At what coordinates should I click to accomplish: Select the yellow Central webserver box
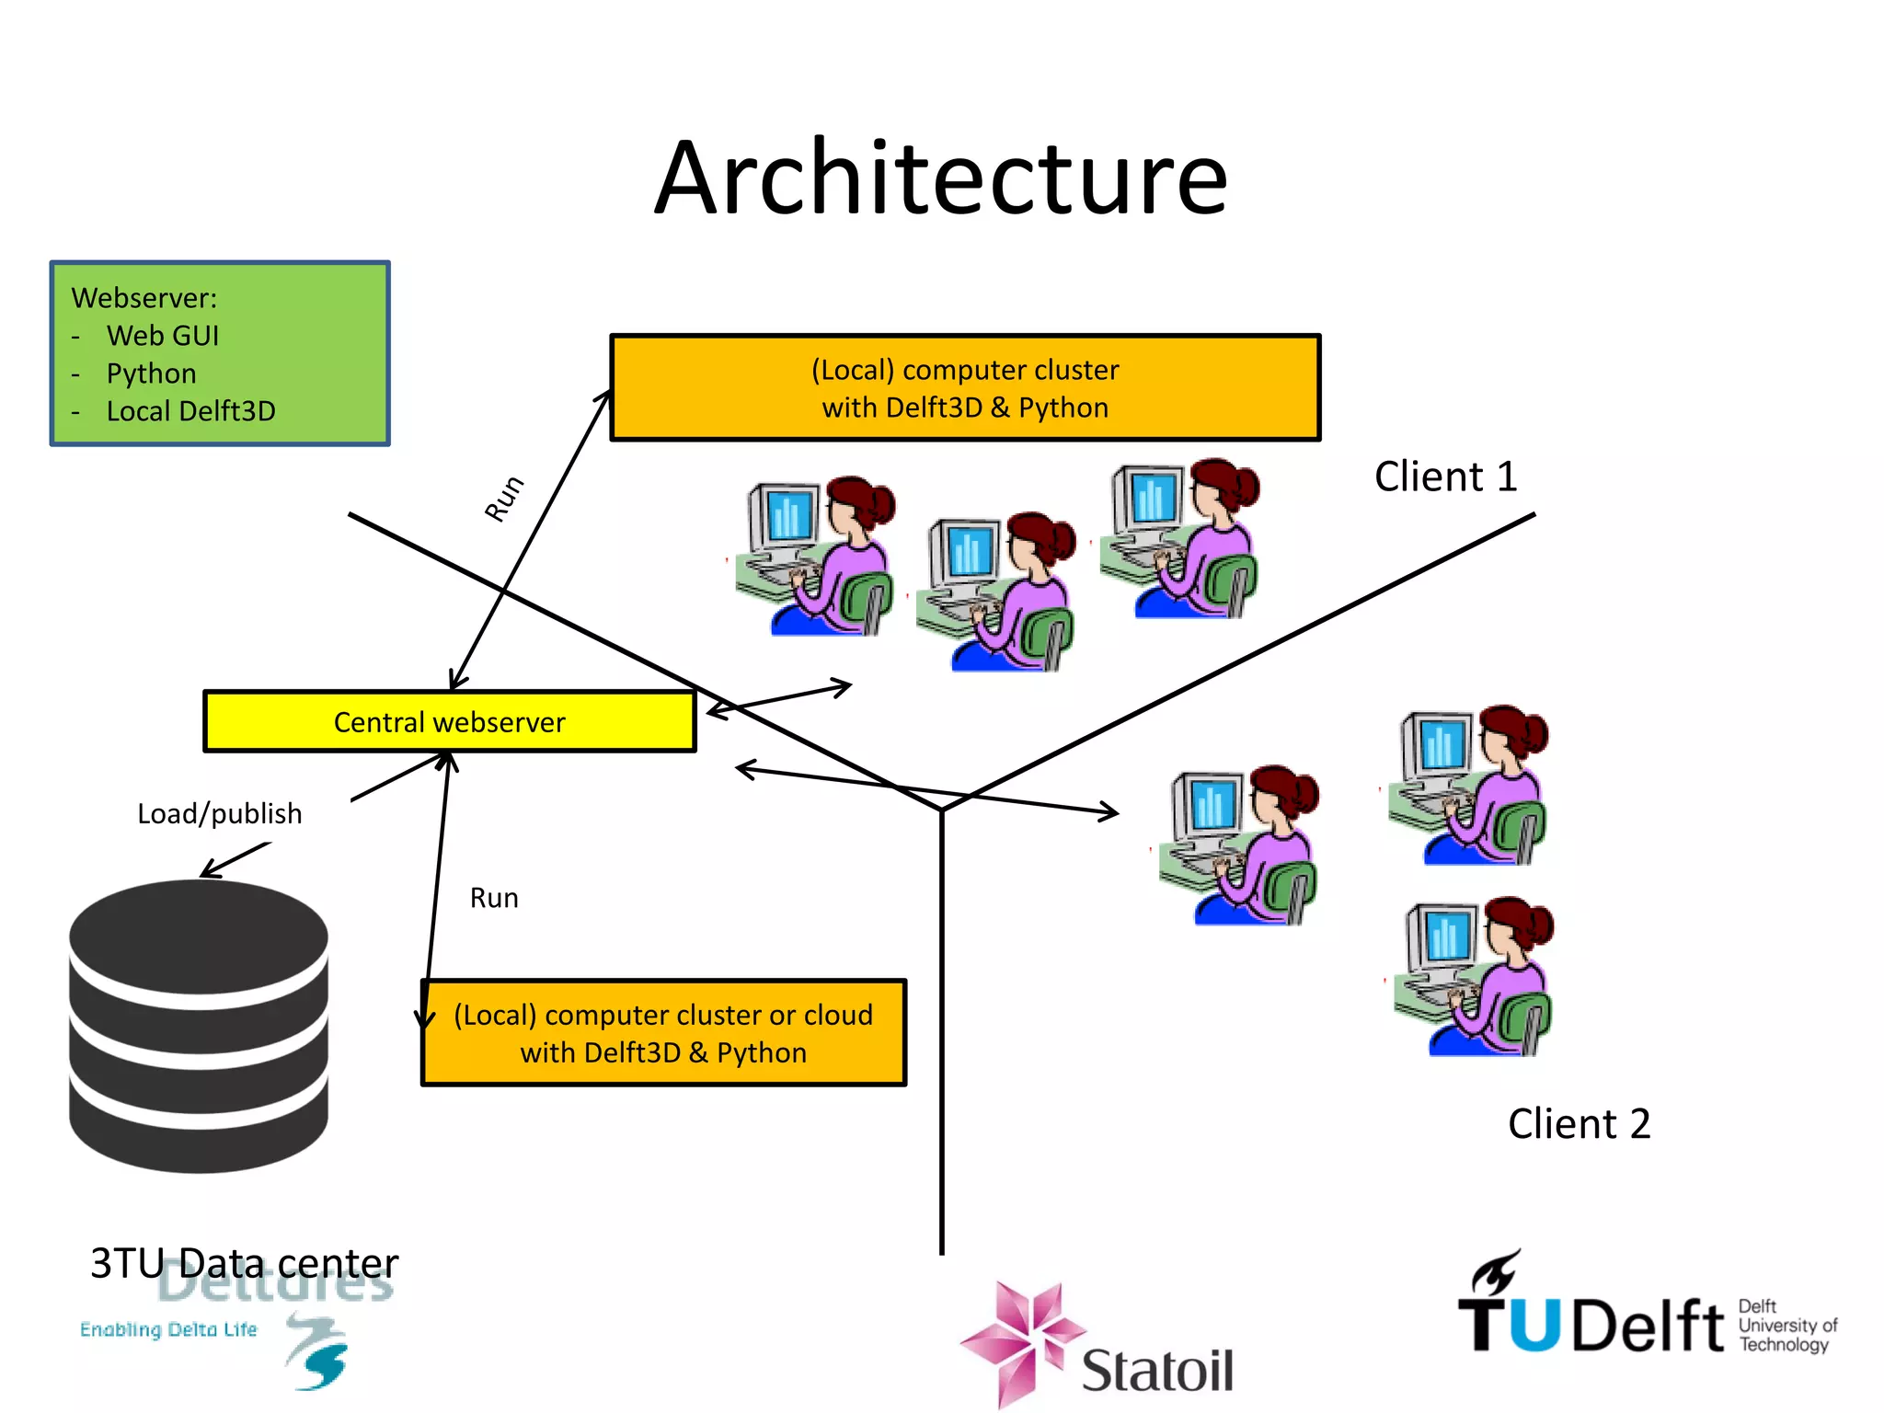[x=449, y=721]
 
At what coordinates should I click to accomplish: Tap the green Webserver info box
[x=220, y=353]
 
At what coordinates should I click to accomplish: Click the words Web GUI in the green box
[x=163, y=336]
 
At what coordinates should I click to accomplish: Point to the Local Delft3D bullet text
[x=190, y=411]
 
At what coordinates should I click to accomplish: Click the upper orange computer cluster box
[x=965, y=387]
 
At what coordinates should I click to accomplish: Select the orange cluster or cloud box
[x=663, y=1032]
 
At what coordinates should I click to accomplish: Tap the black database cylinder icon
[x=199, y=1026]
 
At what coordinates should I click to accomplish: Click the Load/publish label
[x=219, y=813]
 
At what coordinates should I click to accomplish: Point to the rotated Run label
[x=504, y=499]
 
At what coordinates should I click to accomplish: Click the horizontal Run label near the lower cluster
[x=494, y=898]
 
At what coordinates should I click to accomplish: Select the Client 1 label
[x=1445, y=477]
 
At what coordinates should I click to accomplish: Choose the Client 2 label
[x=1579, y=1123]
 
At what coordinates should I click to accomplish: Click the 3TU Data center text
[x=244, y=1263]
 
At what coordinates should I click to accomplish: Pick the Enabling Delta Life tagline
[x=168, y=1329]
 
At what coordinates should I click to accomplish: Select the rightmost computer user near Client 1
[x=1181, y=539]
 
